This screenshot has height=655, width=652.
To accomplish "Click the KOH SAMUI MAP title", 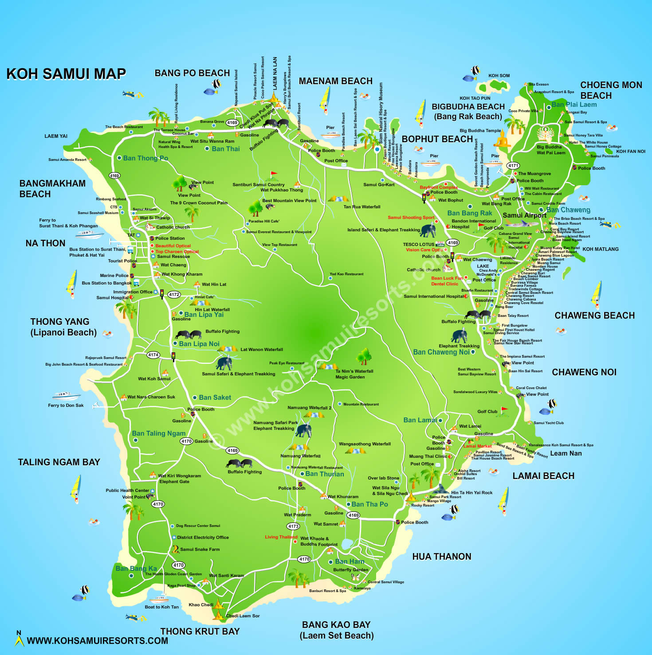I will [x=66, y=74].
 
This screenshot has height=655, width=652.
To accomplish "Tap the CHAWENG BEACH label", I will [x=594, y=316].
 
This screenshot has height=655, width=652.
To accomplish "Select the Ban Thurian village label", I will [x=325, y=474].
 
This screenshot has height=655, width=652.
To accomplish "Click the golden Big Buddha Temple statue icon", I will [x=502, y=140].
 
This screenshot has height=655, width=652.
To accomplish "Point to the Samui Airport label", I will [x=524, y=215].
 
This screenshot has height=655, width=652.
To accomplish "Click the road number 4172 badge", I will [x=174, y=294].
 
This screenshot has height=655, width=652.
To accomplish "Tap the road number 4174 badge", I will [x=153, y=355].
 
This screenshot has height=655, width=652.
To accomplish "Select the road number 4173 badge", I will [x=293, y=526].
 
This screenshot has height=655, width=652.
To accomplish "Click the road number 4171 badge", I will [x=513, y=166].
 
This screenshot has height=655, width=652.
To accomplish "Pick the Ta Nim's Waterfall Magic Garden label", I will [x=354, y=374].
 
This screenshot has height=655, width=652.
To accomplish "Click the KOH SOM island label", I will [x=499, y=76].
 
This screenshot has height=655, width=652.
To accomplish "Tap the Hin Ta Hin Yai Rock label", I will [x=471, y=492].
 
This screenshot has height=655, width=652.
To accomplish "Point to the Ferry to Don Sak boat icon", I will [x=67, y=395].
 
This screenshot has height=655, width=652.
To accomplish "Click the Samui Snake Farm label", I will [x=200, y=550].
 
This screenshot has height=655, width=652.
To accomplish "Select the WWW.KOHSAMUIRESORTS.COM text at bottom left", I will [x=97, y=641].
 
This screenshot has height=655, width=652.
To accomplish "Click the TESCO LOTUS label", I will [x=418, y=244].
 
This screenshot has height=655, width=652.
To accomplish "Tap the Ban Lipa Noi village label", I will [x=199, y=344].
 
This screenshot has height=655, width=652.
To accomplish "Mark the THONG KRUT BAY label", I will [x=200, y=632].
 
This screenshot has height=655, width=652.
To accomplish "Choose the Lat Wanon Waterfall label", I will [x=261, y=350].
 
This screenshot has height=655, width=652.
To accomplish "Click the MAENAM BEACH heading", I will [x=335, y=81].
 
